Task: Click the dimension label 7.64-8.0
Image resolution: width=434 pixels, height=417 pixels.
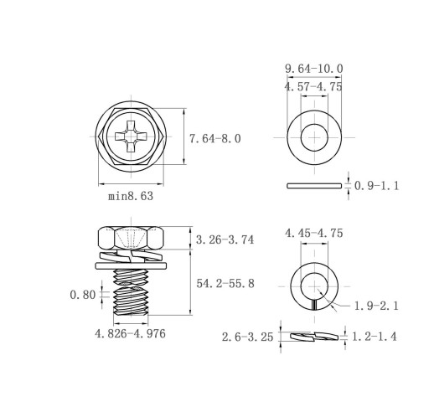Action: [214, 139]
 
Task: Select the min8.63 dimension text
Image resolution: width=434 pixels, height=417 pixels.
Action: [131, 196]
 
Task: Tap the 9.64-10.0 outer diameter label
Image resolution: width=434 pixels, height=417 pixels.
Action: [314, 69]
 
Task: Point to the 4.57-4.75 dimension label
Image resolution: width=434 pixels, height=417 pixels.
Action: [313, 87]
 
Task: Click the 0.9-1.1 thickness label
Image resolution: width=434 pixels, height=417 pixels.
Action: [377, 186]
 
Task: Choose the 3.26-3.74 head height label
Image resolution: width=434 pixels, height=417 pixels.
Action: [225, 239]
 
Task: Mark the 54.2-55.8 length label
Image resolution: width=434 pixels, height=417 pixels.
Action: [225, 284]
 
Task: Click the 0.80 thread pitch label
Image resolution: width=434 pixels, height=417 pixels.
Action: [83, 295]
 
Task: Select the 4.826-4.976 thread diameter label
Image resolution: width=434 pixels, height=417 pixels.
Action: [130, 334]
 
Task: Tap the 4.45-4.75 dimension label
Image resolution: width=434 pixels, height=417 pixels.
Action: [314, 233]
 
